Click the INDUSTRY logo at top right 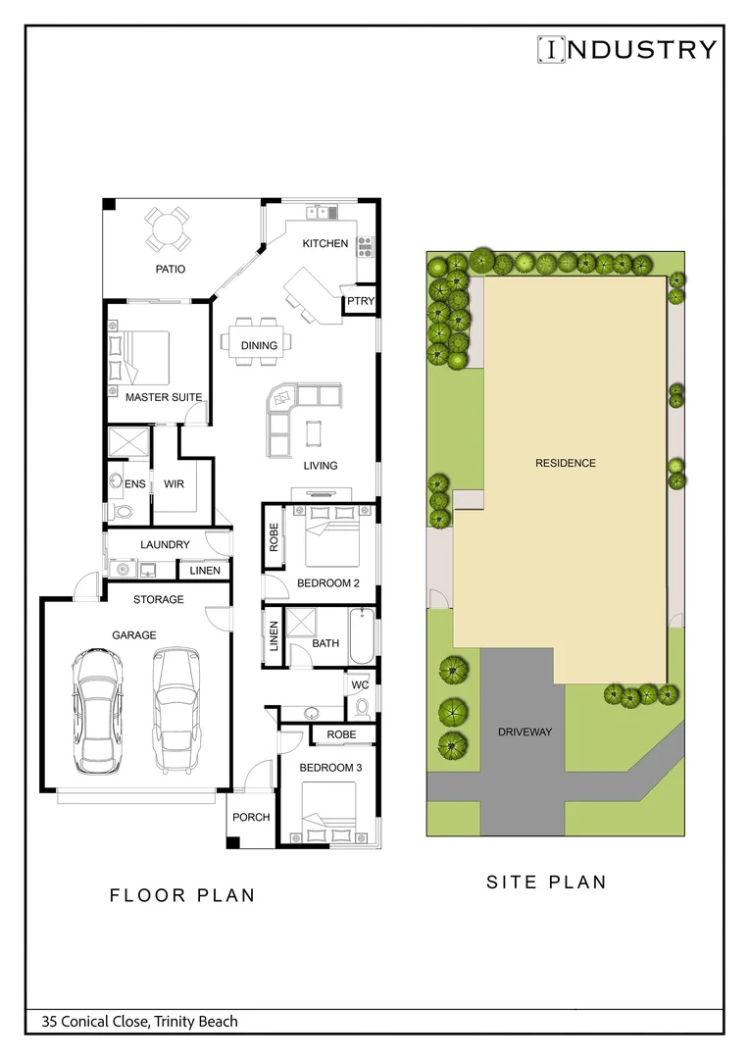point(626,49)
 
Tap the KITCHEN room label point(325,243)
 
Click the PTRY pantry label point(360,302)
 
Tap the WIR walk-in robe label point(175,484)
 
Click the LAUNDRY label point(164,544)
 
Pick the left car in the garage point(96,709)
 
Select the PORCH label point(251,817)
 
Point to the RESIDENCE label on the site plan point(565,463)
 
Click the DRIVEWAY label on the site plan point(524,731)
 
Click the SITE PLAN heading point(546,882)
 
